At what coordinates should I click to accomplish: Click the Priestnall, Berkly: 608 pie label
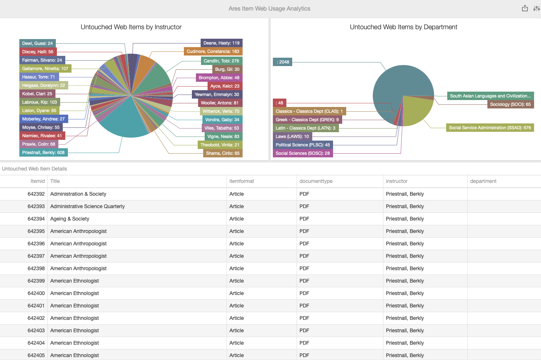point(43,153)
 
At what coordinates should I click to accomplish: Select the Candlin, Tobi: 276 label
point(221,61)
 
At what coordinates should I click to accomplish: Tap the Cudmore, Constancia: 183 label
point(213,51)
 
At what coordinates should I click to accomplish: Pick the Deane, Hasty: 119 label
point(221,43)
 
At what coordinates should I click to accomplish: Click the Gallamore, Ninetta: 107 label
point(45,69)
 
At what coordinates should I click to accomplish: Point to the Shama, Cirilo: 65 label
point(223,153)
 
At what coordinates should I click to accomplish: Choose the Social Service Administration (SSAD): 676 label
point(490,128)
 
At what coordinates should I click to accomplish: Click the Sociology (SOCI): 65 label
point(510,104)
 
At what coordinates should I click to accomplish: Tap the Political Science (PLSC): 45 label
point(303,145)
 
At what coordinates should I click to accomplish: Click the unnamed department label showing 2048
point(283,62)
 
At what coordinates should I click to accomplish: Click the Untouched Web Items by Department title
point(403,27)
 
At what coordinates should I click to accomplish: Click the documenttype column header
point(316,181)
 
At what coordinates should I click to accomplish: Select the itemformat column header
point(241,181)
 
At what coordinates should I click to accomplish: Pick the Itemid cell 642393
point(36,206)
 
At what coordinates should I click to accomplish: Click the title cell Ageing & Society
point(70,219)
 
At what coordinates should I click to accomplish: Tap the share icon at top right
point(525,8)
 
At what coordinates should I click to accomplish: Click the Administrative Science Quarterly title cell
point(88,206)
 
